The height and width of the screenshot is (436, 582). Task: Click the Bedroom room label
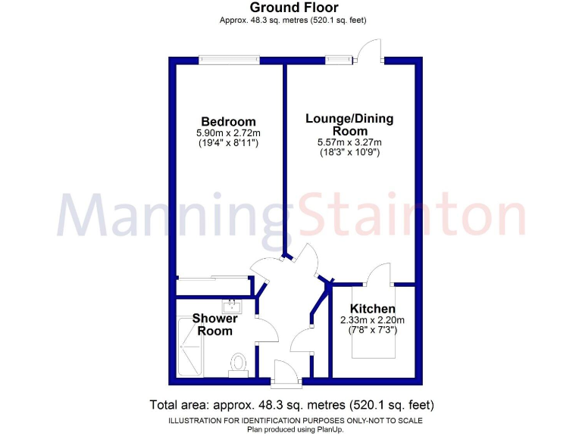point(228,122)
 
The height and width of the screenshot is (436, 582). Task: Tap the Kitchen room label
point(372,309)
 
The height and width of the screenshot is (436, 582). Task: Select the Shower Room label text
point(215,325)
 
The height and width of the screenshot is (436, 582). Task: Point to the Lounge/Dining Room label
point(349,125)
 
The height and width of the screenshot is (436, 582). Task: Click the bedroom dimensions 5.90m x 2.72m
point(228,132)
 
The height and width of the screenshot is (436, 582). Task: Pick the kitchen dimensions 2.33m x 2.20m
point(372,320)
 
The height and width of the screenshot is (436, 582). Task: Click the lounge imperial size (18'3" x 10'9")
point(349,152)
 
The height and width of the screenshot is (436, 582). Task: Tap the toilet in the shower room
point(240,363)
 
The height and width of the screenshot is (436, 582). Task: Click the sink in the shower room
point(230,307)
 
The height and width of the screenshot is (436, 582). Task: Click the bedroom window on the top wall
point(229,59)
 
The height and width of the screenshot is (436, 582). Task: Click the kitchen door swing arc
point(377,274)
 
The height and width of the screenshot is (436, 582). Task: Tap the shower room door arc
point(267,330)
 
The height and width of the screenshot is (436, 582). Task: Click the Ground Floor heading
point(291,8)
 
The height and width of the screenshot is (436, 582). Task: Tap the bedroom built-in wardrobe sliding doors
point(214,278)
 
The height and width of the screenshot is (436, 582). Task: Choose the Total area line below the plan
point(291,404)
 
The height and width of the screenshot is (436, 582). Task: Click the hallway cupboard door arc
point(303,341)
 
